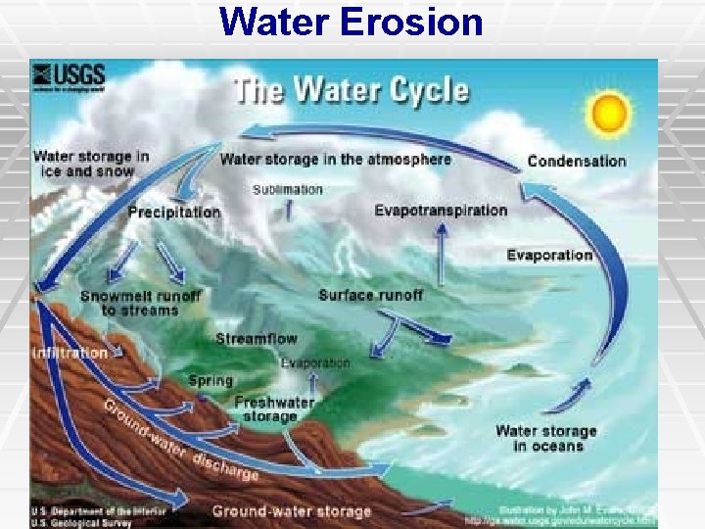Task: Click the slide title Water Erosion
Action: coord(352,22)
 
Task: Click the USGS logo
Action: coord(69,76)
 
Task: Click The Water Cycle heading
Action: coord(350,91)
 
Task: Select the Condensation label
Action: coord(577,162)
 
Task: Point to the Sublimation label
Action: coord(287,189)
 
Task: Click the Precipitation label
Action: coord(174,212)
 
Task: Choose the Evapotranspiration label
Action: coord(441,211)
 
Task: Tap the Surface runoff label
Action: coord(370,295)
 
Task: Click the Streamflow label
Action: coord(257,339)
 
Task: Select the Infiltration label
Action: coord(70,353)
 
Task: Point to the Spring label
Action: coord(211,380)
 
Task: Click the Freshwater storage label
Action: coord(274,409)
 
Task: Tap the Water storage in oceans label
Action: coord(546,439)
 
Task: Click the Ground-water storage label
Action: coord(292,510)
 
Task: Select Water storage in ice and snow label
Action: coord(91,164)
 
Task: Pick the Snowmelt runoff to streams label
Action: coord(140,303)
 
